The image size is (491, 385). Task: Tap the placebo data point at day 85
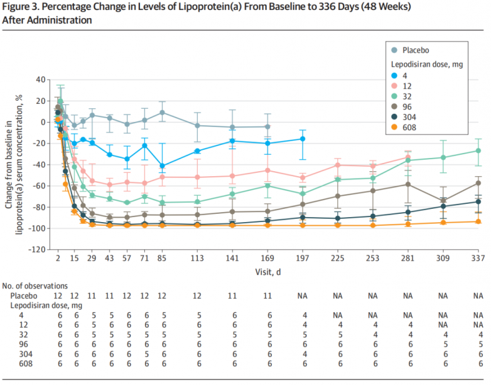click(x=162, y=113)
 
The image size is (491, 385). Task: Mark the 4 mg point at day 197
click(x=303, y=138)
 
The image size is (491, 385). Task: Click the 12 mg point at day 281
click(x=408, y=157)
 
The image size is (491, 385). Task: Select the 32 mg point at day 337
click(x=478, y=150)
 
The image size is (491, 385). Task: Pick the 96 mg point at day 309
click(x=443, y=201)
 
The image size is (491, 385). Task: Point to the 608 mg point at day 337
click(x=478, y=221)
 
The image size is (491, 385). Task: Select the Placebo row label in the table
click(x=23, y=294)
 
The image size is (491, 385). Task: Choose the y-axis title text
click(x=15, y=164)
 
